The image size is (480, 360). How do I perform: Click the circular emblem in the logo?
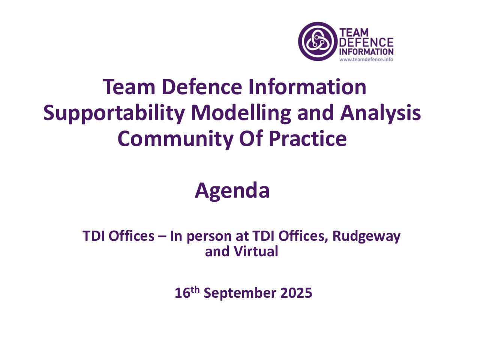click(x=317, y=41)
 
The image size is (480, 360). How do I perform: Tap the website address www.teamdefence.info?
click(x=366, y=60)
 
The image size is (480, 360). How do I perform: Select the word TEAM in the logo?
click(x=354, y=32)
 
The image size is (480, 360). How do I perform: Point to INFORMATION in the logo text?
click(x=366, y=52)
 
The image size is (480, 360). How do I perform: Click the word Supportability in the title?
click(x=114, y=114)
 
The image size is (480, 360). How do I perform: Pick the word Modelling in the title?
click(x=241, y=114)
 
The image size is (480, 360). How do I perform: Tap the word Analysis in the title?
click(x=380, y=114)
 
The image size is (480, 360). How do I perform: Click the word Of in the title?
click(x=250, y=138)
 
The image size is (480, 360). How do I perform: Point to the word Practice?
click(x=307, y=138)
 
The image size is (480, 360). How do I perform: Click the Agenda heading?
click(x=232, y=191)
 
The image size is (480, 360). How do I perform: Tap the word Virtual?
click(x=256, y=251)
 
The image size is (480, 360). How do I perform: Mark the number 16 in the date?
click(x=182, y=293)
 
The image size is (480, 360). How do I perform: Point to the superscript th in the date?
click(x=195, y=290)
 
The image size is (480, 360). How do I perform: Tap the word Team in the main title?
click(x=129, y=87)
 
